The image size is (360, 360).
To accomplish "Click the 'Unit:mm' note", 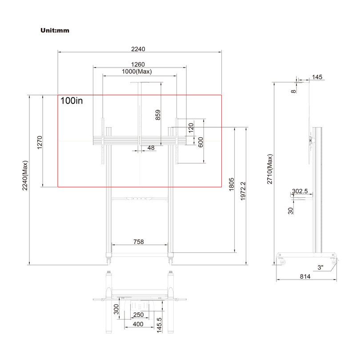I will coord(55,31).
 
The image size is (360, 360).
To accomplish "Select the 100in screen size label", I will coord(72,101).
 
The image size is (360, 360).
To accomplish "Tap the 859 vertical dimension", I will coord(158,115).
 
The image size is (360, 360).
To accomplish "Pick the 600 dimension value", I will coord(201,142).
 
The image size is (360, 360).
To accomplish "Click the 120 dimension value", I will coord(191,127).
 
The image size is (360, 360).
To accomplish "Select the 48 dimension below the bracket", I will coord(151,148).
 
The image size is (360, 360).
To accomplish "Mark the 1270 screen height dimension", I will coord(40,143).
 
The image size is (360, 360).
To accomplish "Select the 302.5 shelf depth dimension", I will coord(300,191).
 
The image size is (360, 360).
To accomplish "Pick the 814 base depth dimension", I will coord(305,276).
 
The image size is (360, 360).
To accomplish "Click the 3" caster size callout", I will coord(320,268).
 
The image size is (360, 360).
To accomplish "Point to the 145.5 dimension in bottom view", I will coord(159,324).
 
